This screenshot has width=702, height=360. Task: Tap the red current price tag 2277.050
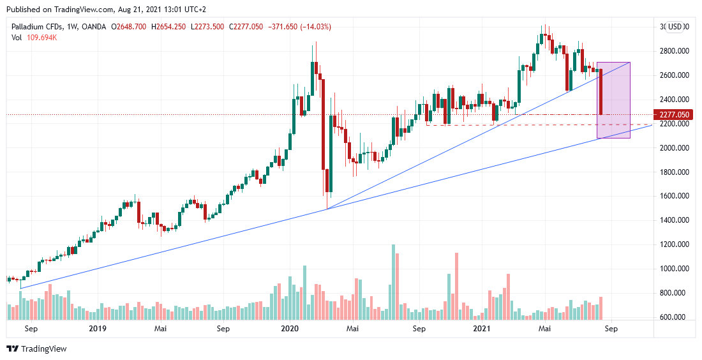click(x=675, y=115)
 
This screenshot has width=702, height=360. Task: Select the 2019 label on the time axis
click(x=97, y=329)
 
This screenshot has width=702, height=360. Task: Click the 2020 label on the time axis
click(x=290, y=329)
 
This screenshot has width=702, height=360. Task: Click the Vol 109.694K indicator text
click(x=34, y=38)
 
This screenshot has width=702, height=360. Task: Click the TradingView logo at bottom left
click(x=36, y=349)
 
